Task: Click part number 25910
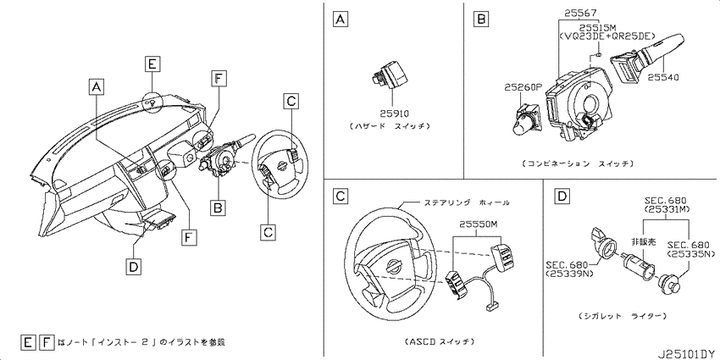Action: pyautogui.click(x=394, y=113)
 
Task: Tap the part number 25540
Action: pyautogui.click(x=663, y=78)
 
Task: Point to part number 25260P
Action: pyautogui.click(x=523, y=86)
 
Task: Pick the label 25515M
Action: pyautogui.click(x=597, y=27)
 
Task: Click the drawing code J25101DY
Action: pyautogui.click(x=688, y=354)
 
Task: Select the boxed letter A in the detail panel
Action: pyautogui.click(x=340, y=19)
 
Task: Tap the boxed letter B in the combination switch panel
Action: pyautogui.click(x=480, y=19)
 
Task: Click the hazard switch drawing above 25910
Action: pyautogui.click(x=389, y=75)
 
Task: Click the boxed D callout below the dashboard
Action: pyautogui.click(x=133, y=266)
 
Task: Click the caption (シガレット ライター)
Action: pyautogui.click(x=623, y=317)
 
